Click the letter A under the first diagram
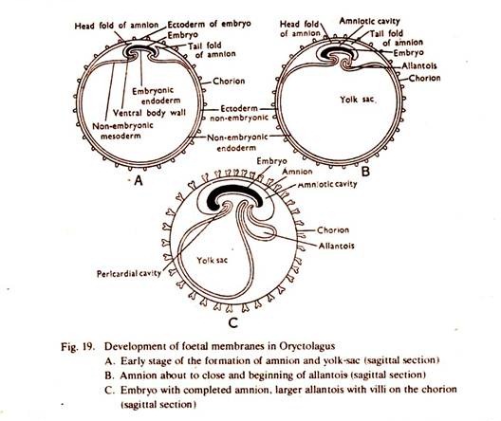coord(138,181)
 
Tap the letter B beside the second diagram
coord(365,172)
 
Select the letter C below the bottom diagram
coord(233,323)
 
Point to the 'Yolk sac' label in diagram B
coord(357,100)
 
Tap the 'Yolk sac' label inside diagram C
coord(213,260)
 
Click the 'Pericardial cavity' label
coord(129,274)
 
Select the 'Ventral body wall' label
coord(149,113)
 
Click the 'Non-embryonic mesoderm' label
coord(122,131)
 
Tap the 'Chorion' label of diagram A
coord(229,82)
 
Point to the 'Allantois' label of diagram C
coord(337,246)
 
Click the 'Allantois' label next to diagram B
coord(419,65)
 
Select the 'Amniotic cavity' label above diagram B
coord(369,22)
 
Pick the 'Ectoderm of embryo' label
coord(210,24)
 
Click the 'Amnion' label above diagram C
coord(297,172)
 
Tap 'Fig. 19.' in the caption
coord(78,347)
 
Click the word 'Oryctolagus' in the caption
coord(307,347)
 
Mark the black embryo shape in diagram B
coord(337,52)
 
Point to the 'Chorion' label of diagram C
coord(333,230)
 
